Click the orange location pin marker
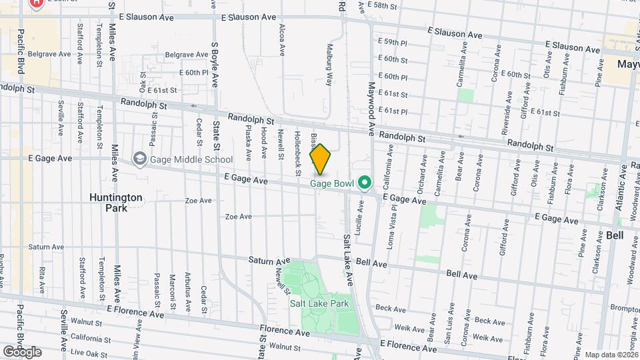[x=321, y=159]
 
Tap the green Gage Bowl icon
[x=364, y=181]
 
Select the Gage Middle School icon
[x=139, y=159]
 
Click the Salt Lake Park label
[x=319, y=303]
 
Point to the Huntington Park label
[x=116, y=202]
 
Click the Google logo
[x=22, y=352]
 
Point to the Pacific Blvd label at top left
[x=21, y=51]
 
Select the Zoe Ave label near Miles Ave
[x=198, y=200]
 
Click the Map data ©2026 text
[x=611, y=355]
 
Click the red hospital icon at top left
[x=36, y=3]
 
